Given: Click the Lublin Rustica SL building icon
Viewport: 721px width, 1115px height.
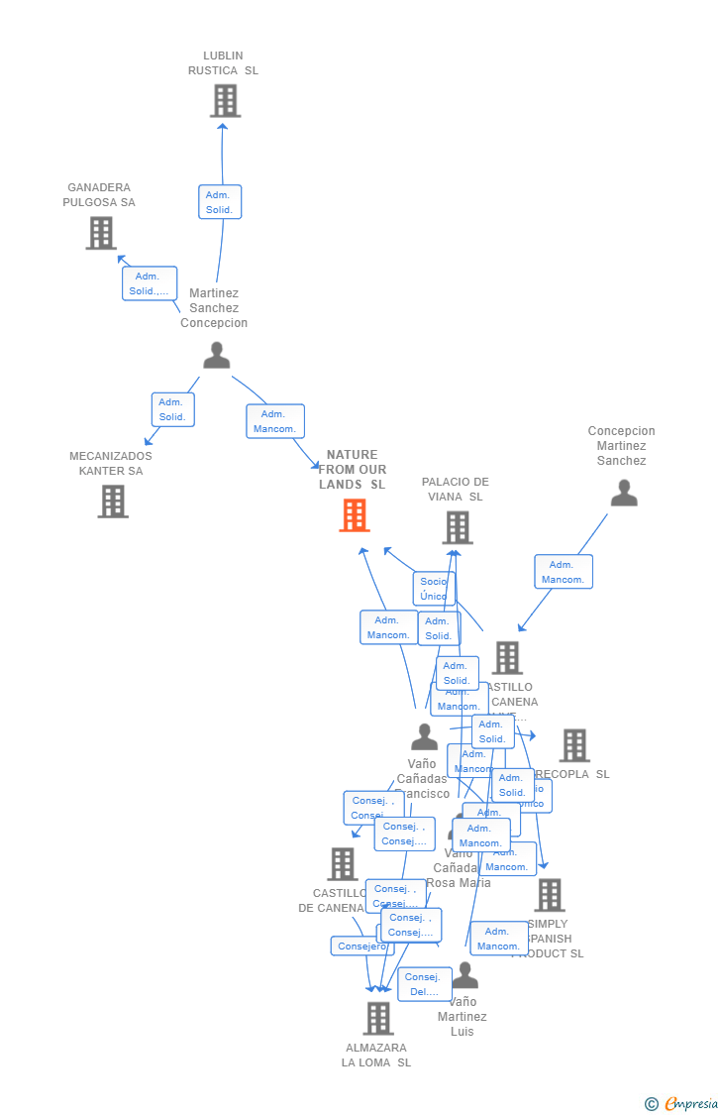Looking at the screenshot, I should (225, 100).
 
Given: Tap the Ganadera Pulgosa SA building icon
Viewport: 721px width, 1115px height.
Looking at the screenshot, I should (100, 233).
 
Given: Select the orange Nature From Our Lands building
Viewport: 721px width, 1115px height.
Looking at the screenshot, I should (355, 515).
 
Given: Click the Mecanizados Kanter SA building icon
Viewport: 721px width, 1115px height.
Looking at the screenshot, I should (113, 502).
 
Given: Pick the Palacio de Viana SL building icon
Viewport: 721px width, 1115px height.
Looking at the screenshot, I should (457, 527).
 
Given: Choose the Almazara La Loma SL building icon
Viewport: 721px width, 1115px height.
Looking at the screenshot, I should (377, 1018).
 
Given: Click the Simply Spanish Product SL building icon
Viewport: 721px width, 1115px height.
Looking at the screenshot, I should (549, 895).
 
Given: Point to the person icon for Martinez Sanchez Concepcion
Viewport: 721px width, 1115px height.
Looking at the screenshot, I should (216, 355).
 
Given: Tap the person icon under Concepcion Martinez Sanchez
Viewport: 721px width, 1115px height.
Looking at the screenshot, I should (624, 493).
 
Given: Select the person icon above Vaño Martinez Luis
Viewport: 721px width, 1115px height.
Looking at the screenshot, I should (464, 976).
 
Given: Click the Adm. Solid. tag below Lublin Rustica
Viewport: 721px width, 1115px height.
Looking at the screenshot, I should (220, 202).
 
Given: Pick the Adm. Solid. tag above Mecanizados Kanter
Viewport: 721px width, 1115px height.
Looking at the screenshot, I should (172, 409).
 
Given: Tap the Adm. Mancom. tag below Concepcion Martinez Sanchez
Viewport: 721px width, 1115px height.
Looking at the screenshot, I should (564, 572).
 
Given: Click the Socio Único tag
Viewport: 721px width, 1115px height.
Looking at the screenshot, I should (433, 589).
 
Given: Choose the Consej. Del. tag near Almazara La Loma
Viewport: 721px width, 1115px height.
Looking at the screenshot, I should (424, 984).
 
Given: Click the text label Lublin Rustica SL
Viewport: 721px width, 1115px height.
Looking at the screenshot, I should (224, 63).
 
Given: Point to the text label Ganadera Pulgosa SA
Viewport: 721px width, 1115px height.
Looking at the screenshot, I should (99, 195).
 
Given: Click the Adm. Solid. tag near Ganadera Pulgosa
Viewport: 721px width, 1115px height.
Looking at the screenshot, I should (150, 283).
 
